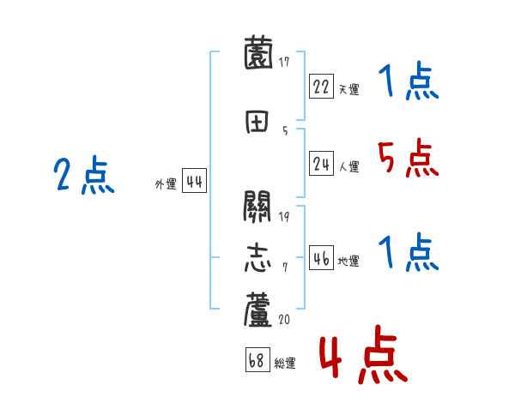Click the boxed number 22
[x=322, y=86]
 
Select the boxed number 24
[x=322, y=165]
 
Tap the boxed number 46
[x=322, y=259]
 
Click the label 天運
[x=348, y=88]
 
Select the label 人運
[x=348, y=167]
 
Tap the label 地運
[x=348, y=262]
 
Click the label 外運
[x=165, y=183]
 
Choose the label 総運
[x=285, y=364]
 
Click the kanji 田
[x=259, y=122]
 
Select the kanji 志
[x=259, y=258]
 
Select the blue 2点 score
[x=84, y=177]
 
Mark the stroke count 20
[x=284, y=319]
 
